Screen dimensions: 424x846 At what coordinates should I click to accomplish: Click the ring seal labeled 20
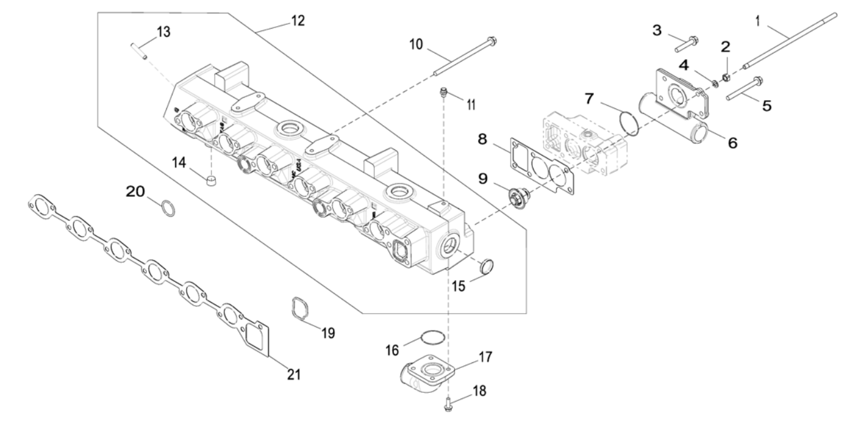point(168,208)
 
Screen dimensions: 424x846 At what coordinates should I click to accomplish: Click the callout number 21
point(293,374)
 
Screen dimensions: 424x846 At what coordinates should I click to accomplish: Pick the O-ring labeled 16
point(432,337)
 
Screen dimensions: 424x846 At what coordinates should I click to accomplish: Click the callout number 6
point(732,142)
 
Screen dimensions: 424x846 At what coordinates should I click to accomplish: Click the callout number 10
point(416,44)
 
